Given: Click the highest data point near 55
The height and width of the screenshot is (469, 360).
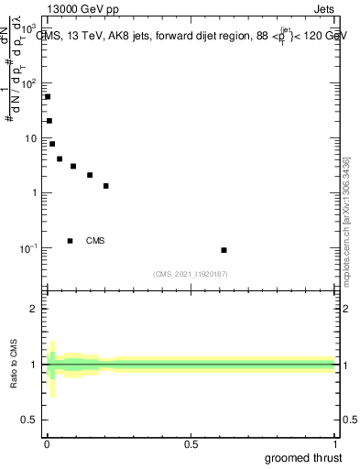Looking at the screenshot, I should (48, 96).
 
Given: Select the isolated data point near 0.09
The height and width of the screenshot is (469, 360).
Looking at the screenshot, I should (224, 250).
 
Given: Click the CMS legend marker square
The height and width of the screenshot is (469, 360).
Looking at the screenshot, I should (70, 241).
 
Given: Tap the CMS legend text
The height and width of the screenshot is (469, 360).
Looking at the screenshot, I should (95, 241).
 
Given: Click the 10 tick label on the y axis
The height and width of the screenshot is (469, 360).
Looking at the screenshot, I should (30, 138).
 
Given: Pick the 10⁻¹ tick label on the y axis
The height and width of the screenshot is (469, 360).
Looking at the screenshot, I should (28, 248).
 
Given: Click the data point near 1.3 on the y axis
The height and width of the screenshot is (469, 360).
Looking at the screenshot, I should (106, 186).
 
